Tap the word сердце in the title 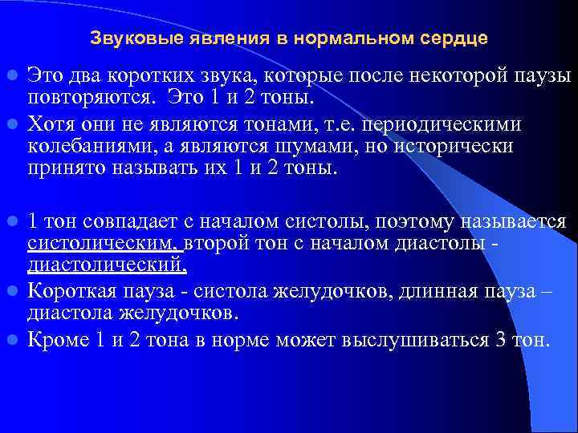coord(454,38)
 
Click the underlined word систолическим coord(104,243)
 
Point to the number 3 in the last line coord(500,339)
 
